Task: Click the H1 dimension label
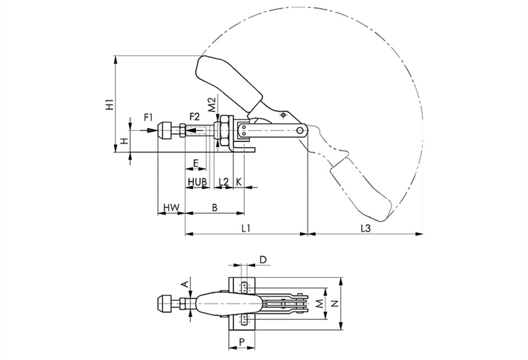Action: (x=109, y=105)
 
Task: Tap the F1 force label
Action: (x=148, y=117)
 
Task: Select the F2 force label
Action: (x=194, y=117)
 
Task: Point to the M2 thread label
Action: (x=211, y=105)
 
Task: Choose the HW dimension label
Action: (x=172, y=208)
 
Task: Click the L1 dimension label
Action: (x=246, y=228)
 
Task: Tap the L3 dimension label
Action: (x=366, y=228)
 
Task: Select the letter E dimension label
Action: (x=196, y=163)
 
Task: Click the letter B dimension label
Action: (x=215, y=208)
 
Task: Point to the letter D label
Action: (x=263, y=260)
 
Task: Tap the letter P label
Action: (x=242, y=342)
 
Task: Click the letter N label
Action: (x=335, y=303)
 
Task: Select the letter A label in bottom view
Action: (x=185, y=285)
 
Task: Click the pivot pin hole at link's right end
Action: (x=300, y=130)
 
